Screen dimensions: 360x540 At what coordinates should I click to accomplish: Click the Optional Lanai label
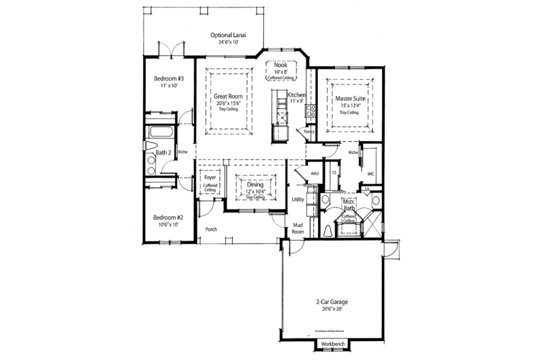point(229,35)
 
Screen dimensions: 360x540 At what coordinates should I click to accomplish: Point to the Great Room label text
point(229,97)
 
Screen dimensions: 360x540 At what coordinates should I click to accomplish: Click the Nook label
point(281,64)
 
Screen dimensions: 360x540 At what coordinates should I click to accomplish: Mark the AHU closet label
point(313,174)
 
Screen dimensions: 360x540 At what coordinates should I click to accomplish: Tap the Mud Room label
point(298,228)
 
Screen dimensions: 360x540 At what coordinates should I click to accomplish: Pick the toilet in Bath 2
point(151,148)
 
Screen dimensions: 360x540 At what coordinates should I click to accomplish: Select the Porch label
point(211,230)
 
